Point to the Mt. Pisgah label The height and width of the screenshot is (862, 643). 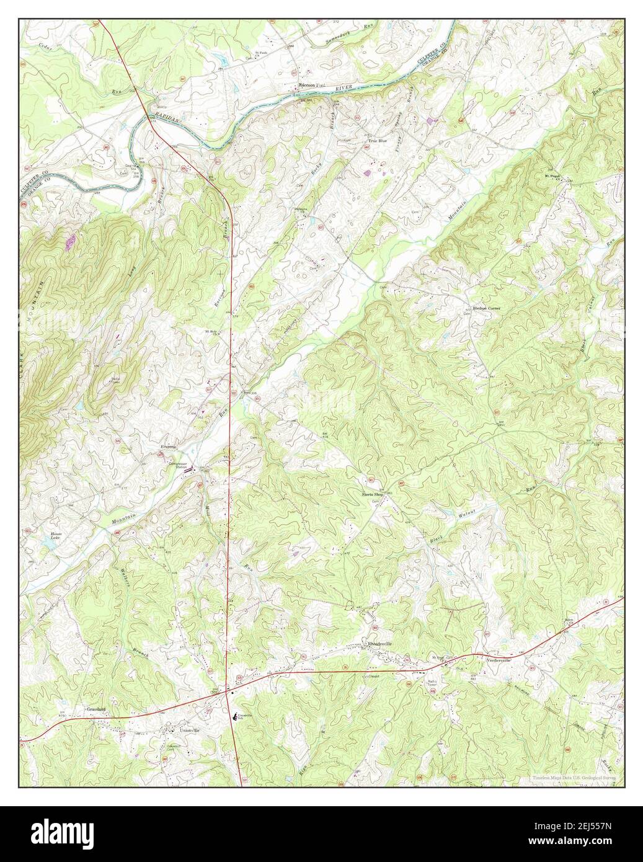tap(552, 176)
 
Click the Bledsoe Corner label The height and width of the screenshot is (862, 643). tap(487, 308)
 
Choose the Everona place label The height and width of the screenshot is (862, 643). tap(169, 447)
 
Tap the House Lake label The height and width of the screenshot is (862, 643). tap(57, 537)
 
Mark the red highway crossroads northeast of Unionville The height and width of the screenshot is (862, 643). tap(230, 693)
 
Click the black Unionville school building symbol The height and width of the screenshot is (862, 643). tap(234, 716)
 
